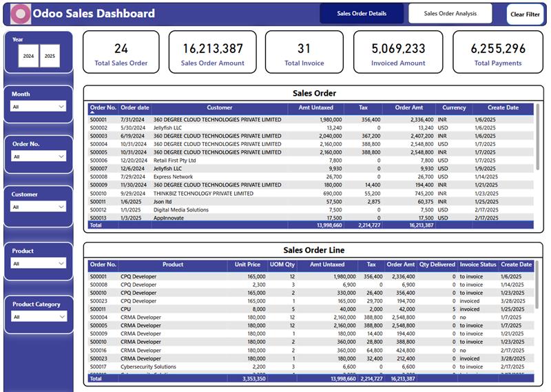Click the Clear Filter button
click(x=525, y=14)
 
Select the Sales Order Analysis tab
click(x=450, y=14)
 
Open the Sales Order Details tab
click(x=362, y=14)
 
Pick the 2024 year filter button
click(x=29, y=56)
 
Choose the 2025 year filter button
click(x=50, y=56)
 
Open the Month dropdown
click(x=39, y=107)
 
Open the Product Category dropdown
click(x=39, y=317)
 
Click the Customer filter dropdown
click(x=39, y=207)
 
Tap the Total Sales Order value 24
click(x=121, y=49)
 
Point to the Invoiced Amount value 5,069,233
click(x=398, y=49)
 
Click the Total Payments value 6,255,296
click(x=498, y=49)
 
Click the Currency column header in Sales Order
click(x=454, y=108)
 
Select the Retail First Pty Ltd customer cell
click(x=174, y=161)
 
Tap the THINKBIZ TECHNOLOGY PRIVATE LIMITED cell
click(x=203, y=194)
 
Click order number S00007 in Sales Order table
click(x=99, y=169)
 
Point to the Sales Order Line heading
click(x=313, y=250)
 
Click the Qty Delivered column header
click(x=437, y=265)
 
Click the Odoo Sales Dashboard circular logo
click(x=22, y=14)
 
